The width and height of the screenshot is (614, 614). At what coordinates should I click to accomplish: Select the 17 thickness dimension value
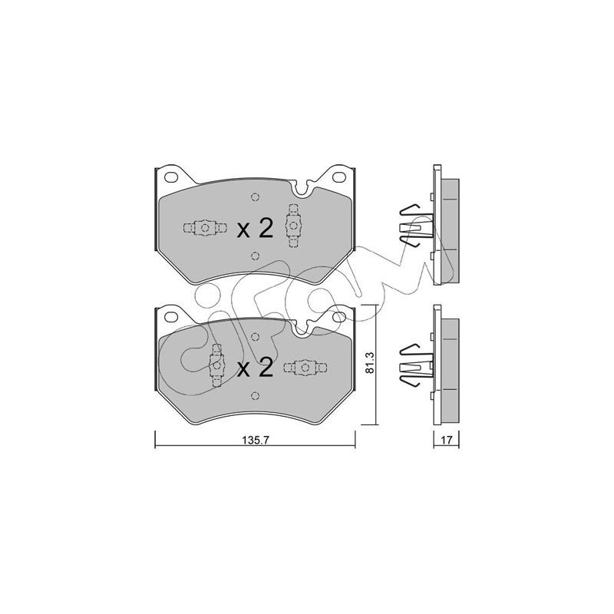[x=447, y=440]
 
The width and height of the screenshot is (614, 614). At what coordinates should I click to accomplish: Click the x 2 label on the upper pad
[x=255, y=229]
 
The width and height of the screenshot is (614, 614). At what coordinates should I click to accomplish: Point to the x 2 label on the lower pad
[x=255, y=368]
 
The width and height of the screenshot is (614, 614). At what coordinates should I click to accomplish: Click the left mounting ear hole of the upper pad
[x=170, y=177]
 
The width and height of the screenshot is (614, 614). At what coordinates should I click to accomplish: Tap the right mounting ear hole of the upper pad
[x=338, y=177]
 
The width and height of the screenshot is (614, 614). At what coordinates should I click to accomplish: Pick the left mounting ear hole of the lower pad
[x=170, y=315]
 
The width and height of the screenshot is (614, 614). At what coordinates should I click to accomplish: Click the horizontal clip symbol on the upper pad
[x=205, y=228]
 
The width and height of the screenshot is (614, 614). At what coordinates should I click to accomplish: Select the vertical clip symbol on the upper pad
[x=293, y=226]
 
